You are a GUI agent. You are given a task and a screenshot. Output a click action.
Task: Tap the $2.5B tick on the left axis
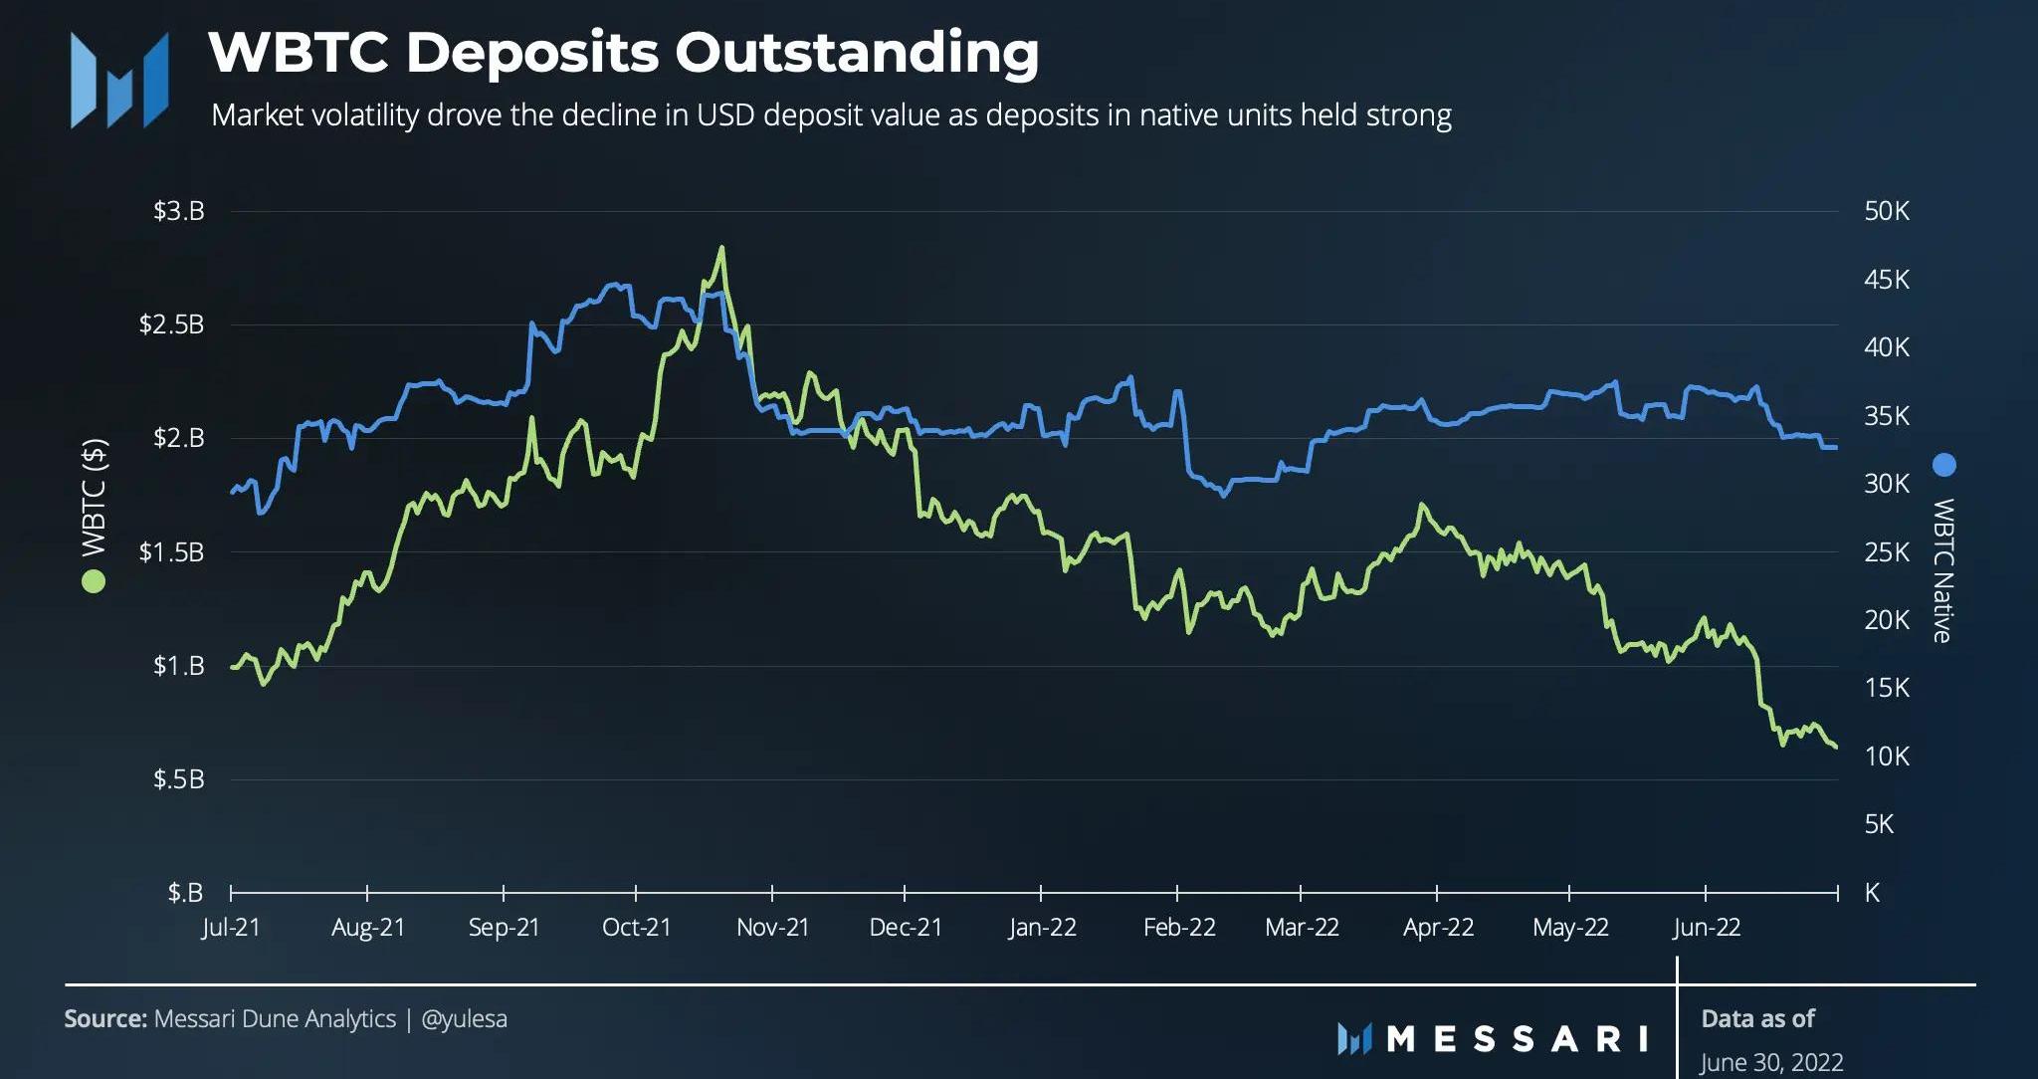(x=171, y=324)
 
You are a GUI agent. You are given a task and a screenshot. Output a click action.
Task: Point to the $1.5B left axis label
(x=171, y=552)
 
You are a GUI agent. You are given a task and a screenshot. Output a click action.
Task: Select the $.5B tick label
(x=178, y=779)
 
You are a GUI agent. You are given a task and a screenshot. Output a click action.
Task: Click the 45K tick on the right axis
(x=1886, y=280)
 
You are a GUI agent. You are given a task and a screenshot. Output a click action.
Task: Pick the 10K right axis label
(x=1886, y=756)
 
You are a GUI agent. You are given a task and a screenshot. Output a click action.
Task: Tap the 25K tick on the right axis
(x=1886, y=552)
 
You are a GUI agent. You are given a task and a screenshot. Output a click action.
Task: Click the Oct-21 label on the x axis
(x=637, y=928)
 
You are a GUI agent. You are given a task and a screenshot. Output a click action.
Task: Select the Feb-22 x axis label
(x=1179, y=928)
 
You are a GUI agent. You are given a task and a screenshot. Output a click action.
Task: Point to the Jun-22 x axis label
(x=1707, y=928)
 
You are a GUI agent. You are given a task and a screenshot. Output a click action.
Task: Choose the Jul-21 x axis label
(x=231, y=928)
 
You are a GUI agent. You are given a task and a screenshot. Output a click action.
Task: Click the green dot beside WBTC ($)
(x=94, y=581)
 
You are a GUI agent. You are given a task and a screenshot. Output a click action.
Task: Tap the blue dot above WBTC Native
(x=1942, y=465)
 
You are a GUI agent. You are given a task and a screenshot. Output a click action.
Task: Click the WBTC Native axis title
(x=1942, y=570)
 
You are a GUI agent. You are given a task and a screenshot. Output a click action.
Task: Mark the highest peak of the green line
(x=720, y=248)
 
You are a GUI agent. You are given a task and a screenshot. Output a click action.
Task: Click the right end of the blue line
(x=1835, y=448)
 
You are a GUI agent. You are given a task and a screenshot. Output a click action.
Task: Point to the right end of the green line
(x=1835, y=747)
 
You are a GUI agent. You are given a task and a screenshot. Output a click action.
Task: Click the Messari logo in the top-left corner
(x=118, y=80)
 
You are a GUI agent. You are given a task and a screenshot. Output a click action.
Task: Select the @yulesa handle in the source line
(x=464, y=1019)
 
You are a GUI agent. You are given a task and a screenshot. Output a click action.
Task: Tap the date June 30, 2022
(x=1771, y=1063)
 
